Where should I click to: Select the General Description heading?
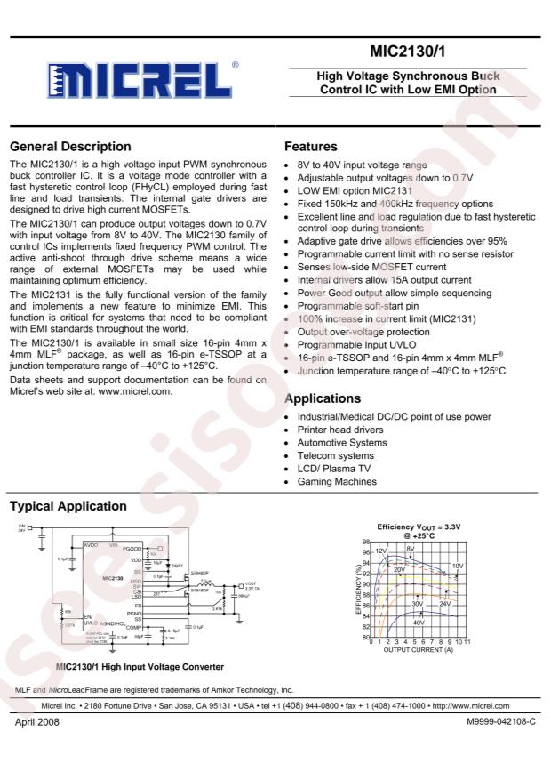pos(70,147)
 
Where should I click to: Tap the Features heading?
pos(310,147)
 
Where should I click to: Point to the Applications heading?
pos(322,399)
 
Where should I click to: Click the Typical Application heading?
pos(68,506)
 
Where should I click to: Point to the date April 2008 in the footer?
pos(36,722)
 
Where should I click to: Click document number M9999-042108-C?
pos(501,722)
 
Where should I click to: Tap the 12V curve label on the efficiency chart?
pos(381,551)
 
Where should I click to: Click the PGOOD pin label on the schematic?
pos(134,550)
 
